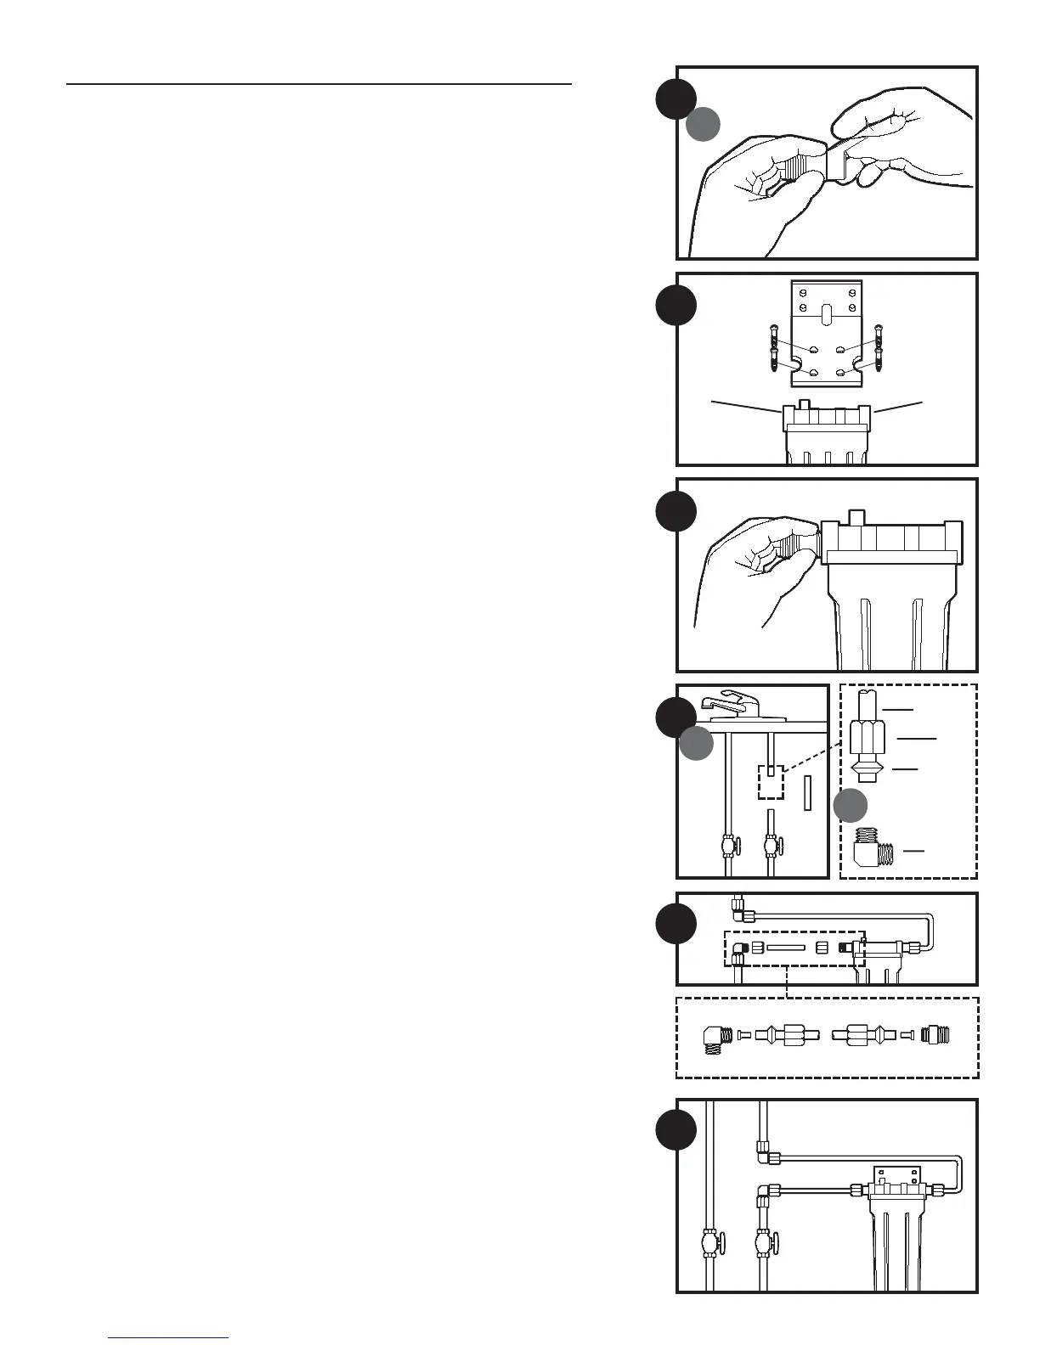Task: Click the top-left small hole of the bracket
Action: [x=802, y=294]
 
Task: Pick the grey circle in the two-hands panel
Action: [x=704, y=124]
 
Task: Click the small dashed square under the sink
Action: [x=770, y=782]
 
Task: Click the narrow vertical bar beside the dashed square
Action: [x=808, y=795]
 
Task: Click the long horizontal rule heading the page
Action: [x=319, y=84]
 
